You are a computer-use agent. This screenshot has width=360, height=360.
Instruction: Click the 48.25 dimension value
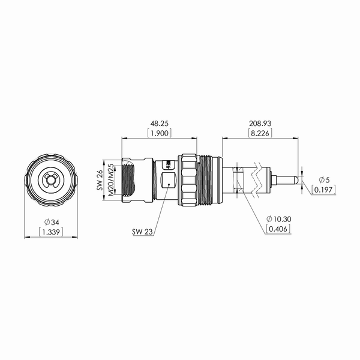(x=160, y=124)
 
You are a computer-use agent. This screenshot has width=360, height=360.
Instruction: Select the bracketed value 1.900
(x=160, y=133)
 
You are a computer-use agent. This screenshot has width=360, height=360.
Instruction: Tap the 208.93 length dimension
(x=260, y=124)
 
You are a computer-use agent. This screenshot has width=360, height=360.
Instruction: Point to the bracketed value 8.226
(x=260, y=133)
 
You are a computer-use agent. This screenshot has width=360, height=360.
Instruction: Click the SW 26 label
(x=100, y=180)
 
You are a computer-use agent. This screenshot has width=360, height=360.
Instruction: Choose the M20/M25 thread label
(x=110, y=180)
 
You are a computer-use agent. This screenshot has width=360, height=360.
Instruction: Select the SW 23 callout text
(x=142, y=232)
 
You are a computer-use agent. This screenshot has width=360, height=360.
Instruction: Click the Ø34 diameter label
(x=52, y=222)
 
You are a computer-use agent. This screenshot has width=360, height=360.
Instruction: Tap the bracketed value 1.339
(x=51, y=232)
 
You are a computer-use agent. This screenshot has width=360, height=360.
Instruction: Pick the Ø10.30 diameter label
(x=279, y=219)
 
